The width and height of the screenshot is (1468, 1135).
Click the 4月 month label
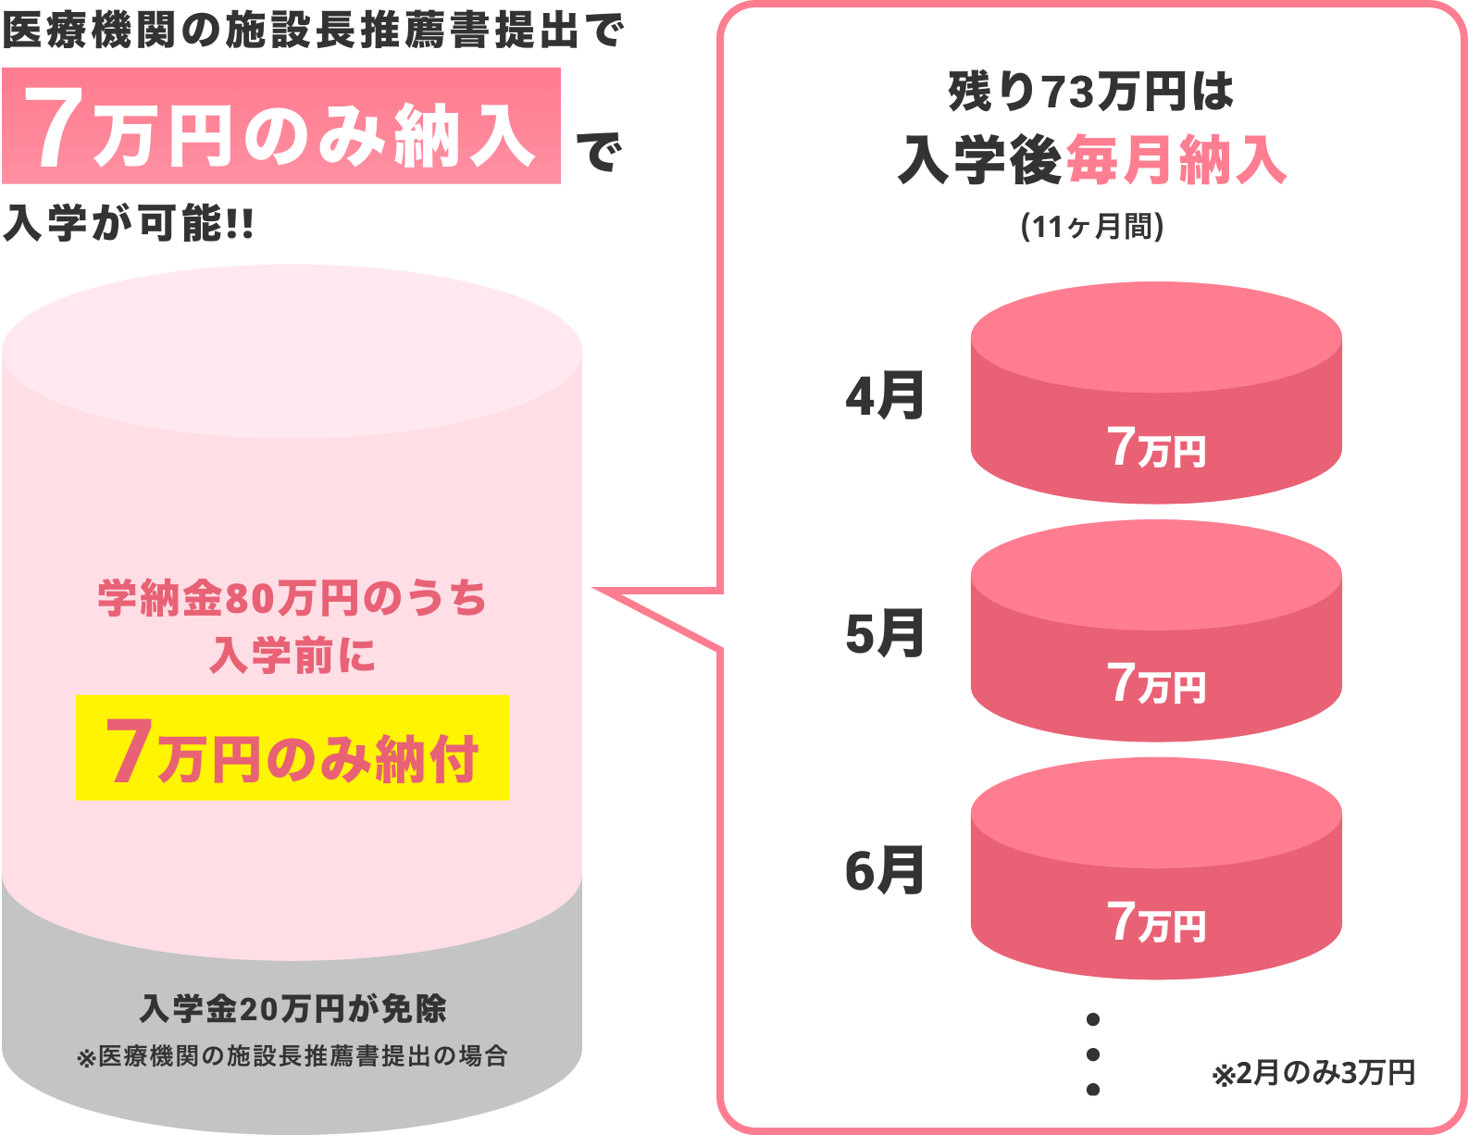pos(885,396)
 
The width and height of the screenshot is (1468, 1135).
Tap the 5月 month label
pos(885,634)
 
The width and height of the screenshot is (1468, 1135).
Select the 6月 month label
pos(885,871)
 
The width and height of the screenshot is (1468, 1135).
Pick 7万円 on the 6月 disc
pos(1157,922)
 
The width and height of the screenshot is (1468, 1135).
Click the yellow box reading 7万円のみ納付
pos(292,748)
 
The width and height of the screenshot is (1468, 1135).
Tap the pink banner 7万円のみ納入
pos(281,126)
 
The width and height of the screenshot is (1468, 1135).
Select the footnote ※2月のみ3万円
pos(1313,1073)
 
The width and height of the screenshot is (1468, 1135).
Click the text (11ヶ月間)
pos(1092,226)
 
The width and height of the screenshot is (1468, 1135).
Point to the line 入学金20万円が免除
pos(292,1008)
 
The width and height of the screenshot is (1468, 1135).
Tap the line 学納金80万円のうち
pos(292,598)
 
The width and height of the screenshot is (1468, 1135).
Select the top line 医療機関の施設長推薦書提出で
pos(313,31)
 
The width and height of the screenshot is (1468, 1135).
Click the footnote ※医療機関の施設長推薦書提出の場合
pos(292,1056)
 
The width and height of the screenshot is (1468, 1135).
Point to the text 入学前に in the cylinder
pos(292,655)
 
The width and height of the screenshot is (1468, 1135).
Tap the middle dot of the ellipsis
pos(1092,1054)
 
